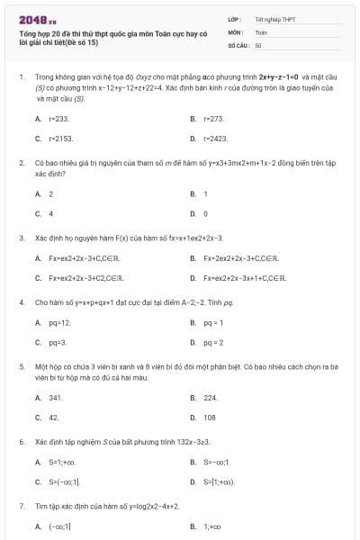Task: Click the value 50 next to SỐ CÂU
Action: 258,44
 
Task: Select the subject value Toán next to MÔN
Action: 261,31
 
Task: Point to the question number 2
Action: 21,163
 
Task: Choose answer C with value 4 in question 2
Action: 50,214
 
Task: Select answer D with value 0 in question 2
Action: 206,214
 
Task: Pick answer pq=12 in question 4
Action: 60,322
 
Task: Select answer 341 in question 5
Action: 56,397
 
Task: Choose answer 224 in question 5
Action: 211,397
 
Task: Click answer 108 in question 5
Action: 210,418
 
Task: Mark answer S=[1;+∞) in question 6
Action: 219,482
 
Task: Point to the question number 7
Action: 21,507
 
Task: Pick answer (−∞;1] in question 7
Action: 60,526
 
